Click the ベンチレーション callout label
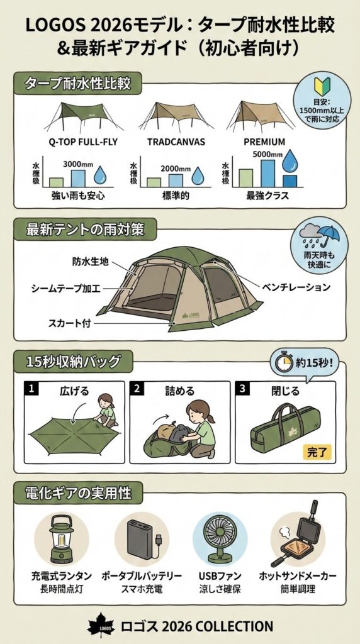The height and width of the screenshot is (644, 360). pyautogui.click(x=295, y=287)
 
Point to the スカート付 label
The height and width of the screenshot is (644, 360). pyautogui.click(x=70, y=324)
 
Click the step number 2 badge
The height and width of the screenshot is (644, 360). pyautogui.click(x=135, y=388)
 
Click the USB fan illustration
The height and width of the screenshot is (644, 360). pyautogui.click(x=220, y=540)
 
